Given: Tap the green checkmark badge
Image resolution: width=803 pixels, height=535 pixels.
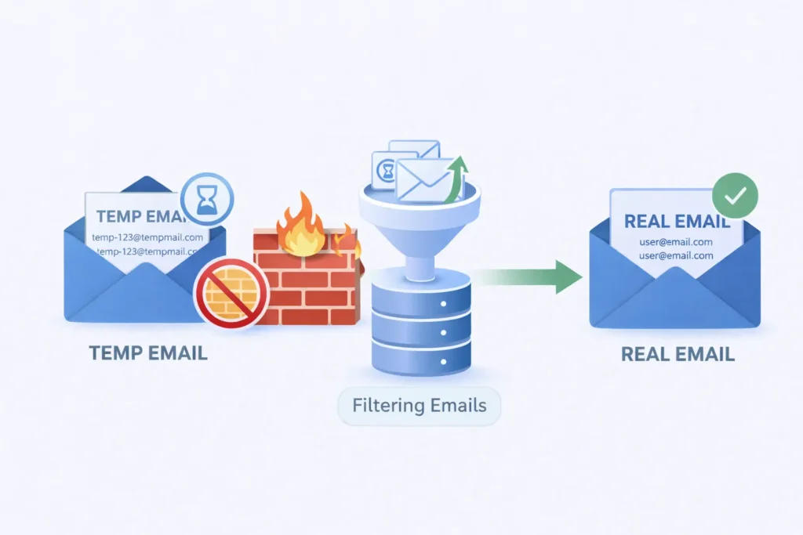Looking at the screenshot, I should pos(735,197).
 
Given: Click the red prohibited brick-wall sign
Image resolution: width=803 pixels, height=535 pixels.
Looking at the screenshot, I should pos(231,292).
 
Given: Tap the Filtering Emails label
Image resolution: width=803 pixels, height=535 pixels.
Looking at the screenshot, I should pos(419,406).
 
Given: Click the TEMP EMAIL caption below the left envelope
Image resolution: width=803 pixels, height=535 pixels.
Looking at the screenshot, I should pos(148,352).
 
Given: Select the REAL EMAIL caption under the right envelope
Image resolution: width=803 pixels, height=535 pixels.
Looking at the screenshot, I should pos(678,353).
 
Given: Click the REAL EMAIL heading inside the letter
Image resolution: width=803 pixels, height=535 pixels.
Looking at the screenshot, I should pos(676,221).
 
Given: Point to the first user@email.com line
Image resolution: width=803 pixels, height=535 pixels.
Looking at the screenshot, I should pos(676,241).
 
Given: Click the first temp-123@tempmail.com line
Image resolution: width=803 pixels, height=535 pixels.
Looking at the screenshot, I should pos(147,237).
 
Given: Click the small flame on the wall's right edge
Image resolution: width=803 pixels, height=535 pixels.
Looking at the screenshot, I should pos(347,241).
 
